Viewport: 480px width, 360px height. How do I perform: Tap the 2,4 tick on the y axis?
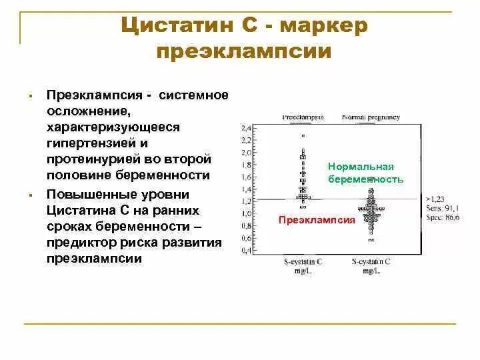pyautogui.click(x=246, y=127)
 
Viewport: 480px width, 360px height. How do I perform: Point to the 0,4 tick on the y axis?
pyautogui.click(x=246, y=251)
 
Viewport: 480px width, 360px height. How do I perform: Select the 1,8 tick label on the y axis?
pyautogui.click(x=246, y=165)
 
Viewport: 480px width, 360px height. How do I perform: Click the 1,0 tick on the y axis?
pyautogui.click(x=246, y=214)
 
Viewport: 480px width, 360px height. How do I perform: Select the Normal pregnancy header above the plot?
pyautogui.click(x=371, y=117)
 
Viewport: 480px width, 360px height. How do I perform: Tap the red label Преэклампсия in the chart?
pyautogui.click(x=317, y=220)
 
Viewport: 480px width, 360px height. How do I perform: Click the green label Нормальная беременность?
pyautogui.click(x=365, y=173)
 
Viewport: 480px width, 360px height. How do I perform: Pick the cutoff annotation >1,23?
pyautogui.click(x=436, y=199)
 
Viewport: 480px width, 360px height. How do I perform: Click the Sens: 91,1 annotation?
pyautogui.click(x=441, y=208)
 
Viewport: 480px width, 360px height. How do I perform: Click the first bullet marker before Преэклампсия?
pyautogui.click(x=31, y=97)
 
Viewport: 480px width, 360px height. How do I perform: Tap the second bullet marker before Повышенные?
pyautogui.click(x=31, y=195)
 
